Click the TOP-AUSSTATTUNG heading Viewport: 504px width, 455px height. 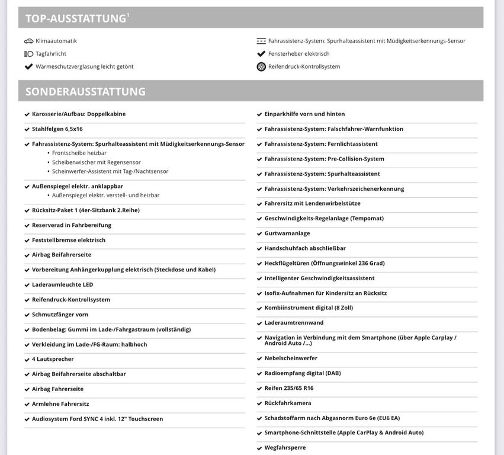(x=75, y=18)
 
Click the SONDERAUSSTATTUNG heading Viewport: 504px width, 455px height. (x=85, y=92)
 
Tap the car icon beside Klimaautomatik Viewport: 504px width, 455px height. (x=28, y=41)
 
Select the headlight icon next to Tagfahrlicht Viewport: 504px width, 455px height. (x=28, y=54)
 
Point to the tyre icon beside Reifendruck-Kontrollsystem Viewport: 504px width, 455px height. (x=261, y=67)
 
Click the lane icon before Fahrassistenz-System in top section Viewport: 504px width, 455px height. (x=261, y=41)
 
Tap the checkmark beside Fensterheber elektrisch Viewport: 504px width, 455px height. (x=261, y=54)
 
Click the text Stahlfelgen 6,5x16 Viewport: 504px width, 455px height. (x=57, y=129)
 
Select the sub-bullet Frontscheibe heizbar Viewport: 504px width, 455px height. (x=79, y=153)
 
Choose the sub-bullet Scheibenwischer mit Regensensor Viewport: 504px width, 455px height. (x=97, y=162)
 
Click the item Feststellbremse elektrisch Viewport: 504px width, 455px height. (x=69, y=240)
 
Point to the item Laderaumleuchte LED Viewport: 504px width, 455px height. (x=63, y=284)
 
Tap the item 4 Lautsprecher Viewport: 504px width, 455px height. (x=53, y=359)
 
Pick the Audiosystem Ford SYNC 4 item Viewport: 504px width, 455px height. (x=97, y=419)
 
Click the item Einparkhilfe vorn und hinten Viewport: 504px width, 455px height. (x=304, y=114)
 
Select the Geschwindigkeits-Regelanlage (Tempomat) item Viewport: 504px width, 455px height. (x=324, y=218)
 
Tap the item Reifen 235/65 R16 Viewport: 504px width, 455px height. (x=289, y=388)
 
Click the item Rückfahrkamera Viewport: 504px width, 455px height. (x=288, y=403)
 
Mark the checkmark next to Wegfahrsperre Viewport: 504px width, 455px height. (x=259, y=448)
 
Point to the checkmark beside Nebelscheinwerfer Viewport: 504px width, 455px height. (x=259, y=358)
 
